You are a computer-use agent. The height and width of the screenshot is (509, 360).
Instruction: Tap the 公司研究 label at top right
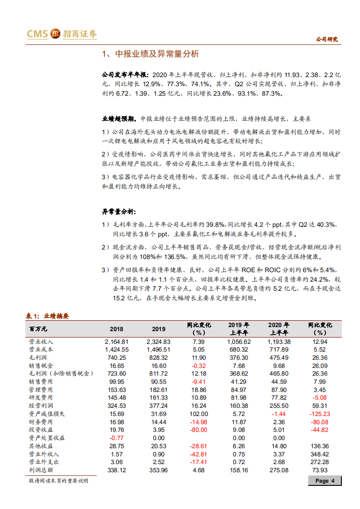tap(326, 39)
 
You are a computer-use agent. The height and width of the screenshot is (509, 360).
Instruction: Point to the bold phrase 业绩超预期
tap(119, 119)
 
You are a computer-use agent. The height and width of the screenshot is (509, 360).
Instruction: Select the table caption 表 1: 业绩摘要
tap(47, 316)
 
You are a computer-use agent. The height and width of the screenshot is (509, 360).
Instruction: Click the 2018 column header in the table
tap(117, 329)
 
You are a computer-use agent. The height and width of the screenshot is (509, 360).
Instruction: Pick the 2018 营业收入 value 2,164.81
tap(117, 342)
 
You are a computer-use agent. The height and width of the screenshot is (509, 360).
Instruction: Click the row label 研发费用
tap(41, 397)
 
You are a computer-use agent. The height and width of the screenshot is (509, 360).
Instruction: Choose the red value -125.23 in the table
tap(318, 413)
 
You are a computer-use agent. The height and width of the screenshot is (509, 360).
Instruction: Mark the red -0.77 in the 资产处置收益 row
tap(117, 438)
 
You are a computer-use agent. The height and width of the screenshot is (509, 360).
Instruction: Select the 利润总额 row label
tap(41, 470)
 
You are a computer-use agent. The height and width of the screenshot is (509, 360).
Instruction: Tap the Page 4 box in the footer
tap(325, 481)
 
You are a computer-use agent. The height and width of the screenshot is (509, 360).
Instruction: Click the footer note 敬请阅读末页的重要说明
tap(58, 480)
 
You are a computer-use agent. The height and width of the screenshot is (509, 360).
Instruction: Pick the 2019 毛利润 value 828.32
tap(158, 357)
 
